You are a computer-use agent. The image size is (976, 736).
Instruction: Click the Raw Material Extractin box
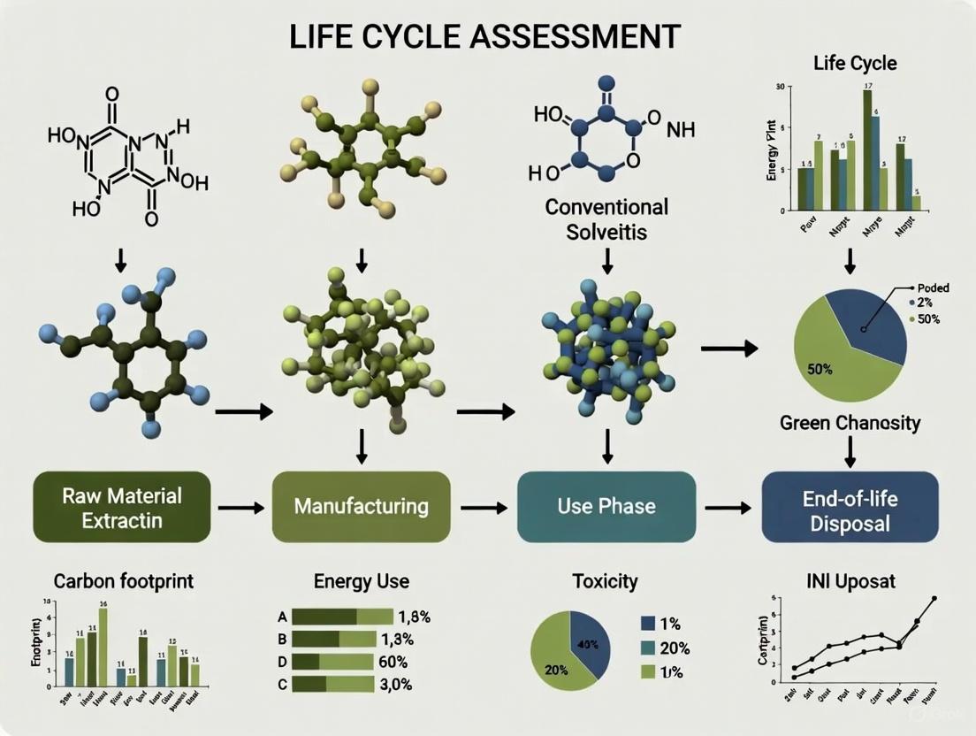pyautogui.click(x=123, y=507)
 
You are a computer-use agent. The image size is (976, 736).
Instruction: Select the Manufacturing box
pyautogui.click(x=361, y=507)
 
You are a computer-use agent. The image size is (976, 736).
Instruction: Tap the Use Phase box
pyautogui.click(x=606, y=507)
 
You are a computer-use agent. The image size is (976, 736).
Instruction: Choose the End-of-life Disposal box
pyautogui.click(x=850, y=507)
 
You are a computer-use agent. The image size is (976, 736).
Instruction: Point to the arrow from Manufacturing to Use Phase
pyautogui.click(x=483, y=508)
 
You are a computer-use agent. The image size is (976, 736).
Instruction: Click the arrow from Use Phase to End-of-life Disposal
pyautogui.click(x=728, y=508)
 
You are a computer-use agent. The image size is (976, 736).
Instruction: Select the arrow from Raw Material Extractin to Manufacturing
pyautogui.click(x=240, y=508)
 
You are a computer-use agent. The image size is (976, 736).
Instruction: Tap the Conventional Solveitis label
pyautogui.click(x=606, y=219)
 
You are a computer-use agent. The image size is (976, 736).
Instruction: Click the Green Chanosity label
pyautogui.click(x=850, y=422)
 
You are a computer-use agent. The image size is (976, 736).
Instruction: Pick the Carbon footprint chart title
pyautogui.click(x=123, y=581)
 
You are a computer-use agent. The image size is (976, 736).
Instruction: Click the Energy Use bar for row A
pyautogui.click(x=341, y=617)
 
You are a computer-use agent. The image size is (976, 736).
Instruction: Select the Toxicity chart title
pyautogui.click(x=605, y=581)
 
